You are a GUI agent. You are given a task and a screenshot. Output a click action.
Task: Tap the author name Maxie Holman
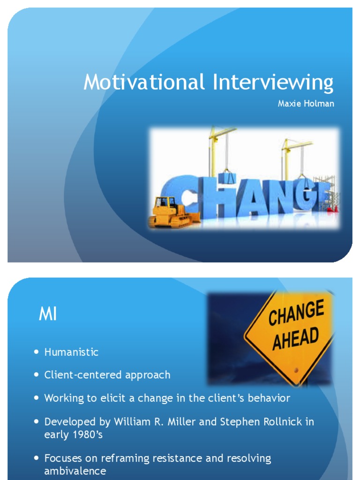pyautogui.click(x=306, y=104)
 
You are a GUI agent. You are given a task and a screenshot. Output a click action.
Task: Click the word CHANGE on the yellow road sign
pyautogui.click(x=296, y=315)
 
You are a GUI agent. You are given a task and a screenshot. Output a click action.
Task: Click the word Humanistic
pyautogui.click(x=71, y=352)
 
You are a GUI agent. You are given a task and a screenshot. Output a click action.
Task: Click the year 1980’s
pyautogui.click(x=86, y=434)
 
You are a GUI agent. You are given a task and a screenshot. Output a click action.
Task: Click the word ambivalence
pyautogui.click(x=75, y=471)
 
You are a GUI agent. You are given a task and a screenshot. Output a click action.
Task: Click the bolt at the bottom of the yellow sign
pyautogui.click(x=296, y=370)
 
